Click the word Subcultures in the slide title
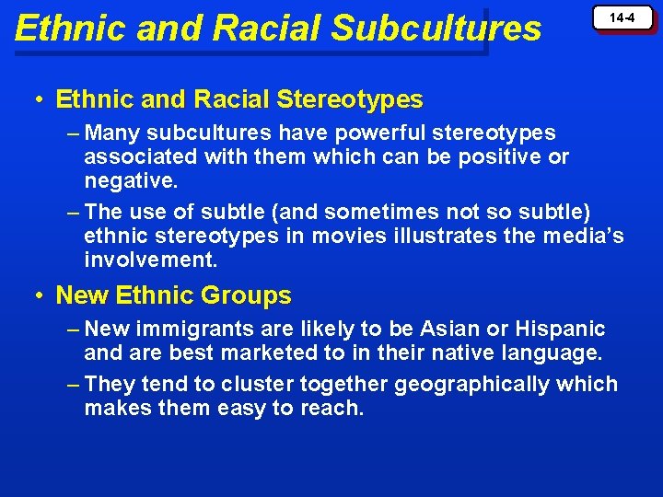click(436, 29)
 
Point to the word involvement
click(150, 260)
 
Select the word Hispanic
click(561, 329)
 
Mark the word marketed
click(252, 353)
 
